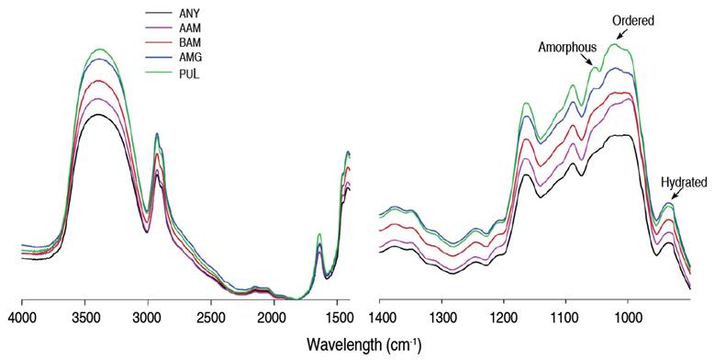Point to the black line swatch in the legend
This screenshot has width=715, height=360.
160,14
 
